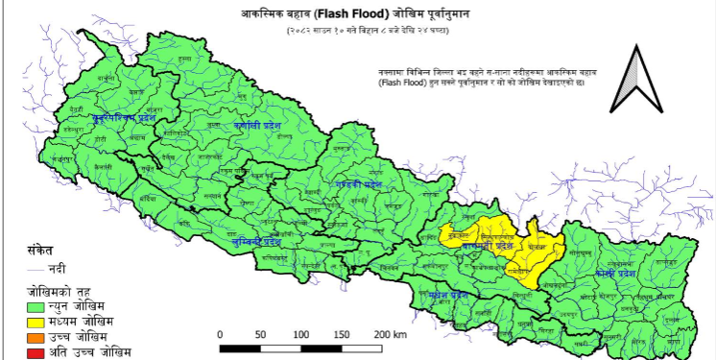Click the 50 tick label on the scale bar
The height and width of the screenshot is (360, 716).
(x=261, y=334)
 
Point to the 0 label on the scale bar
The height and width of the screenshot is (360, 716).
(x=221, y=334)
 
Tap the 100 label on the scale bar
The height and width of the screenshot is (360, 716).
(x=303, y=334)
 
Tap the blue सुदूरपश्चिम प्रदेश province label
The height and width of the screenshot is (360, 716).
(x=124, y=118)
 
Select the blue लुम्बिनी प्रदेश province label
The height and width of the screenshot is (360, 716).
(x=251, y=242)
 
